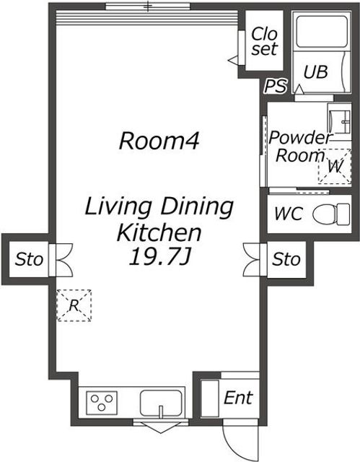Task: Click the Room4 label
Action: pos(159,141)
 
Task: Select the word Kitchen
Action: pos(159,232)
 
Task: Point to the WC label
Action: pos(288,214)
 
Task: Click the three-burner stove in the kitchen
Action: pos(102,403)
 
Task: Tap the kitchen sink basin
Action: pos(161,403)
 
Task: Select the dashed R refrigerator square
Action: pos(74,305)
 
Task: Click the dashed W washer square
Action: pos(335,167)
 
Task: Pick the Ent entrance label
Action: pos(238,398)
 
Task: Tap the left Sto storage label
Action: pos(29,259)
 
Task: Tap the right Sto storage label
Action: pos(286,259)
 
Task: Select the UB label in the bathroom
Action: pos(315,72)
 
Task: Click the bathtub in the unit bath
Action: pos(322,31)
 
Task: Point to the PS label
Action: pos(276,87)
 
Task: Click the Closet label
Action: pos(264,41)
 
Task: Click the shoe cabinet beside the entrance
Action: pos(210,398)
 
